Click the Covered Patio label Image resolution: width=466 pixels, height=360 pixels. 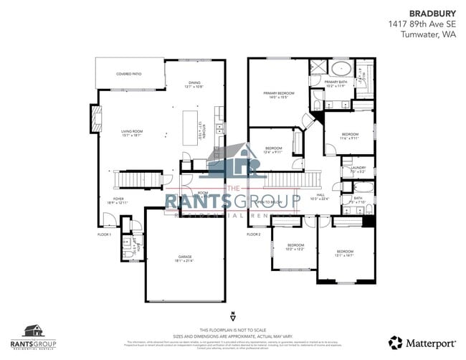point(129,74)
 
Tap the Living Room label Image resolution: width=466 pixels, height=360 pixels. point(132,133)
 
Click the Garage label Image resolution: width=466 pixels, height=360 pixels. point(185,258)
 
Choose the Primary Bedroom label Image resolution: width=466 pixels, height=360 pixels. point(278,95)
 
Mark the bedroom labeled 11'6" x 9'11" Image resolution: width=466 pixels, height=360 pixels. point(350,136)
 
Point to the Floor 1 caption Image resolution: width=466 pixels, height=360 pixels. point(105,235)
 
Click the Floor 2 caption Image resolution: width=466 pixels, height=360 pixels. point(254,235)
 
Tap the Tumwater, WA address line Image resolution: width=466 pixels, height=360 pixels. point(432,34)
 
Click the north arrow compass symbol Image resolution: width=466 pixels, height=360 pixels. point(233,316)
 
